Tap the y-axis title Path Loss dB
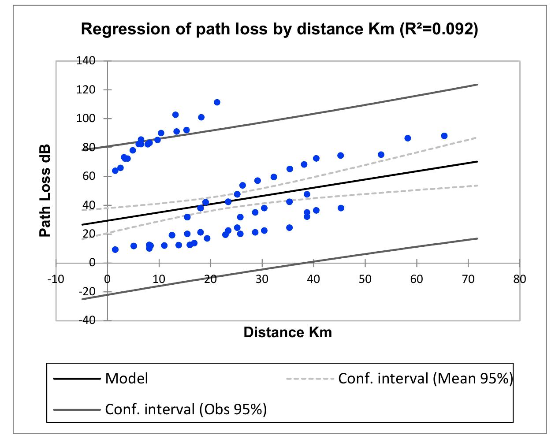45,190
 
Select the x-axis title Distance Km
287,332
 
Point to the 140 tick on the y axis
87,61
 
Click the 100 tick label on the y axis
87,119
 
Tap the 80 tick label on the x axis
520,279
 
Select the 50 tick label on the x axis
365,279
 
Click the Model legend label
127,378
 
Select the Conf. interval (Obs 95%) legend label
186,409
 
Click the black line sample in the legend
77,379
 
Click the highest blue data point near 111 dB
217,102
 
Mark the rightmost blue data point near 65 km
444,136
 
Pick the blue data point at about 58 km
407,138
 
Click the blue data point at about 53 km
381,155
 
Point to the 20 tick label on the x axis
210,279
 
